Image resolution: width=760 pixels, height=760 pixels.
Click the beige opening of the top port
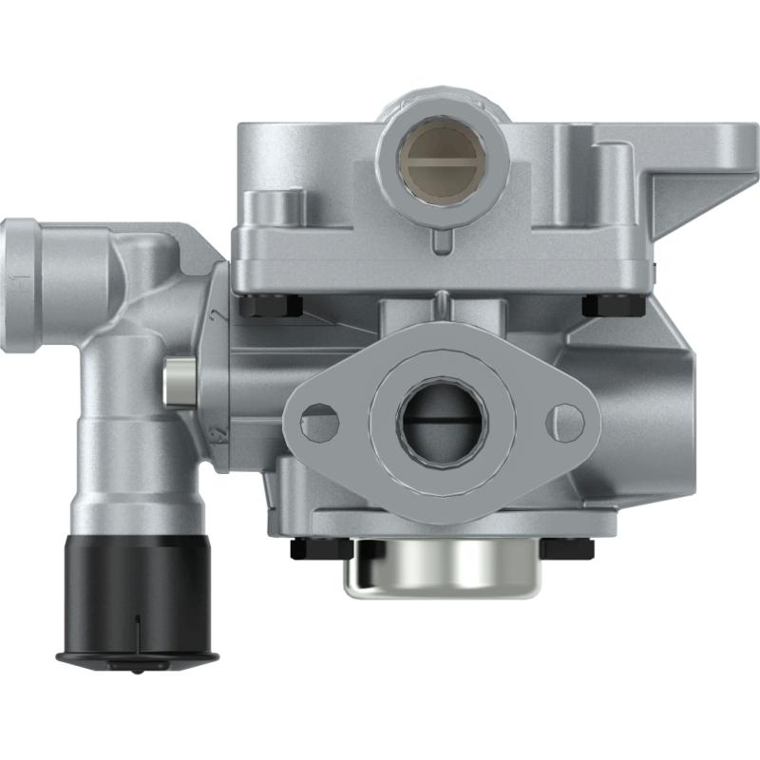pos(441,156)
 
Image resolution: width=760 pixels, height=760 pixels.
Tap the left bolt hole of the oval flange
pos(319,422)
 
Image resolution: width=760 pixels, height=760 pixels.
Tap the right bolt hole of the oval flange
pos(567,421)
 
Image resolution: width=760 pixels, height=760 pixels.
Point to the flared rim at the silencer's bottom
pos(137,657)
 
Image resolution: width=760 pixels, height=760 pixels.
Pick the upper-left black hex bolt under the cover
pos(271,306)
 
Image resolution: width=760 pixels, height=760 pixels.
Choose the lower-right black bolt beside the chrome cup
pos(567,549)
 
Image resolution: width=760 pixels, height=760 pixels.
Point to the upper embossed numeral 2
pos(218,315)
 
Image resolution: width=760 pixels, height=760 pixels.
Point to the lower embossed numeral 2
pos(218,434)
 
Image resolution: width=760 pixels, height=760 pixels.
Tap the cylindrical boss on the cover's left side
pos(275,205)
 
